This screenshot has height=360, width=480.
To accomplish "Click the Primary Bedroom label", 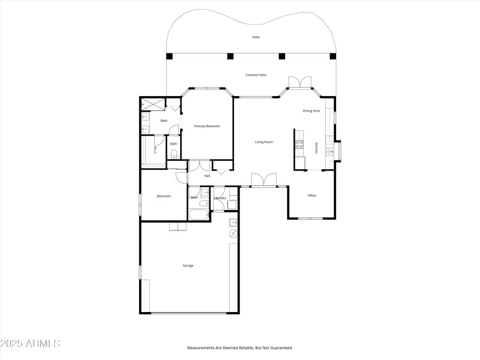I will coord(207,126).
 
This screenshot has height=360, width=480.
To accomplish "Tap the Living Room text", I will coord(264,142).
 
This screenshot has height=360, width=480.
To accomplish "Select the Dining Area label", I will coord(311,111).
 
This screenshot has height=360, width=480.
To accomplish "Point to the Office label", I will coord(312,196).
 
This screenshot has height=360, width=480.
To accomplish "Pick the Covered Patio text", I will coord(256,75).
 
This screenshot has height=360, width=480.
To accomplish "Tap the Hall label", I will coord(207,176).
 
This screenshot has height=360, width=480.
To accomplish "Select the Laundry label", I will coord(220,197).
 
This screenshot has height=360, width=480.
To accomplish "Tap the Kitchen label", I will coord(317,148).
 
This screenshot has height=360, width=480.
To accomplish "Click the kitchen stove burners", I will coord(299,144).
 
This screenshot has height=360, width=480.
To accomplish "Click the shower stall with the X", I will coord(153,104).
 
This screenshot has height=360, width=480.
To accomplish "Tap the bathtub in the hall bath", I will coord(198,215).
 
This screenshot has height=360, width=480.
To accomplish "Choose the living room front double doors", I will coord(264,179).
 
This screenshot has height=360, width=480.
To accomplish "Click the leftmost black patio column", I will coord(169,57).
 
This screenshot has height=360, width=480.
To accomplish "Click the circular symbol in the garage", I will coord(233,233).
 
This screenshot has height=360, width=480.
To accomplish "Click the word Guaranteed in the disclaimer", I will coord(278,348).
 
